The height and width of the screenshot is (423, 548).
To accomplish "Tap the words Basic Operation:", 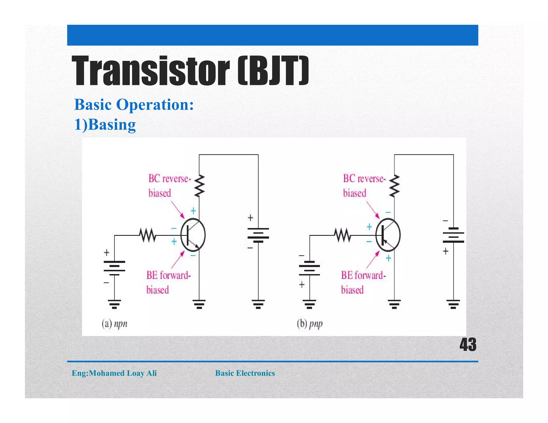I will (x=134, y=104).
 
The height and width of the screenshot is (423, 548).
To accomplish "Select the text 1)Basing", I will (x=105, y=125).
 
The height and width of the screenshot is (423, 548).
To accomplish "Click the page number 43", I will (x=468, y=345).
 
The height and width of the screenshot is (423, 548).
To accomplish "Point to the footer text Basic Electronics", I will (x=245, y=373).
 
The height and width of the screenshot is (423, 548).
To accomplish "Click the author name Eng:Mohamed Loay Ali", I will (x=114, y=373).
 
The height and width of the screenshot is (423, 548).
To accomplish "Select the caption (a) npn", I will (x=114, y=324).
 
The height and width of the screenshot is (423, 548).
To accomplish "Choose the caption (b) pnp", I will (x=310, y=324).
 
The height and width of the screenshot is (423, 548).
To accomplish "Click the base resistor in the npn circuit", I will (x=147, y=235).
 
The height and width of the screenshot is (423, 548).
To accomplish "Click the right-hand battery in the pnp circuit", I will (x=453, y=235).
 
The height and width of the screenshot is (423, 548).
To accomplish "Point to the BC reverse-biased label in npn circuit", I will (x=169, y=186).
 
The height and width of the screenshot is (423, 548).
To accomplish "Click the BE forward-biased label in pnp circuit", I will (x=363, y=282).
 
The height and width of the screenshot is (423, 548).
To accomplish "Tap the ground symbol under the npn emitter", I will (x=199, y=304).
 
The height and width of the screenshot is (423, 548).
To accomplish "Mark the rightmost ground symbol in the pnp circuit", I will (x=453, y=304).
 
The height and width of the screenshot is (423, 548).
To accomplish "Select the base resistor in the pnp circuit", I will (x=342, y=235).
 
